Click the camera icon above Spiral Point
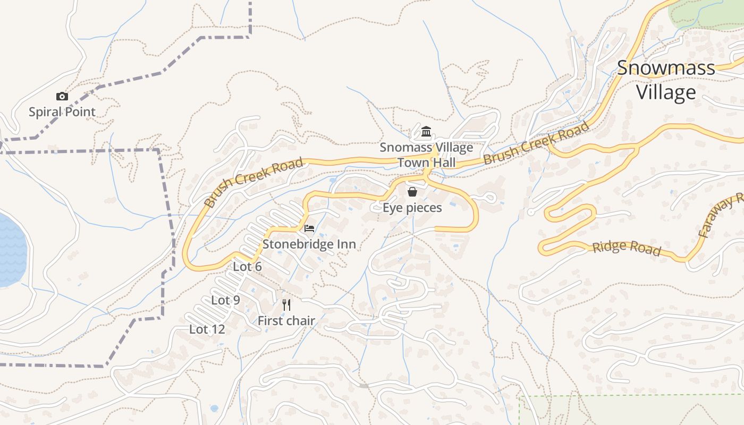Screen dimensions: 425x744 coord(62,97)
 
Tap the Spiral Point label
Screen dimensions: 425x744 coord(62,112)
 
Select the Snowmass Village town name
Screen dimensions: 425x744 coord(666,80)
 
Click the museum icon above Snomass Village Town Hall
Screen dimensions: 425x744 coord(426,132)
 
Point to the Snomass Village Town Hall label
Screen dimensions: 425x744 coord(426,155)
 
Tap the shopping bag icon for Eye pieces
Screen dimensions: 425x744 coord(412,192)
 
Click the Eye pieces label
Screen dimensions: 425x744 coord(412,208)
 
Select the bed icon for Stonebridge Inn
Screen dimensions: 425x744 coord(309,228)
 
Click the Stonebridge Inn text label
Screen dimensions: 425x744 coord(309,244)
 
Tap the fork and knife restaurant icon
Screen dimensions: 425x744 coord(286,304)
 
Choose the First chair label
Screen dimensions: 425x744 coord(286,321)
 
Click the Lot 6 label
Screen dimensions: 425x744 coord(247,267)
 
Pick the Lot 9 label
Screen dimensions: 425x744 coord(225,300)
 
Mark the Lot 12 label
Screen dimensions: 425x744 coord(207,329)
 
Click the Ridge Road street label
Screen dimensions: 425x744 coord(627,248)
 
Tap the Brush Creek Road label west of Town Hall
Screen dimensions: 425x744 coord(253,182)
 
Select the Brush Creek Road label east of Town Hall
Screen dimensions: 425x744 coord(537,143)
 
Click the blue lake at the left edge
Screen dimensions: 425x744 coord(11,250)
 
